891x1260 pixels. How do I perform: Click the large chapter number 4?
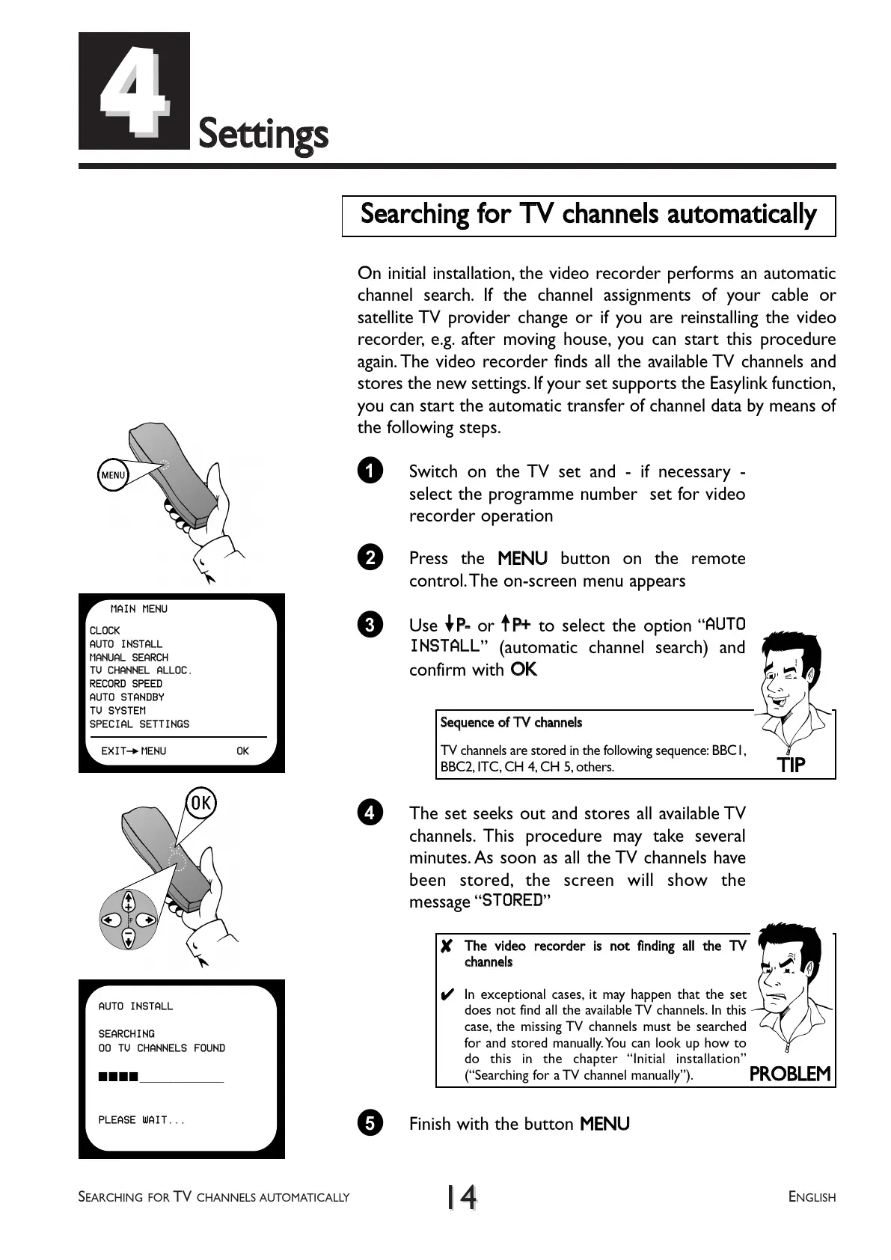(x=133, y=91)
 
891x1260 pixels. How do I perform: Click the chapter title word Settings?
(x=263, y=135)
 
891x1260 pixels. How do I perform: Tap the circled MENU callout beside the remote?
(x=113, y=475)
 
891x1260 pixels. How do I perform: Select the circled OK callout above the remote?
(x=200, y=804)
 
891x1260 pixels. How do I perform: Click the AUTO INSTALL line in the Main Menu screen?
(x=126, y=643)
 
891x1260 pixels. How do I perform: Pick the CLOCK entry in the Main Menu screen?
(x=105, y=630)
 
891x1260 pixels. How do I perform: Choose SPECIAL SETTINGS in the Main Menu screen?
(x=139, y=724)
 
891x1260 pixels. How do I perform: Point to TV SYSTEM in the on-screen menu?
(x=117, y=710)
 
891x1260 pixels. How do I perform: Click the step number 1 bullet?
(x=370, y=471)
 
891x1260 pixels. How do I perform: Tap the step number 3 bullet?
(x=370, y=625)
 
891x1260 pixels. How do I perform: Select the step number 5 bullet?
(x=370, y=1123)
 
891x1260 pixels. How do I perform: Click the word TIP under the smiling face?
(x=791, y=765)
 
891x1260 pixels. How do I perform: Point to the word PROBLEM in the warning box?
(x=789, y=1074)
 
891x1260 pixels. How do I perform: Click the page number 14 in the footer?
(x=461, y=1197)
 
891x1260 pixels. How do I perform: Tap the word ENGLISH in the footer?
(x=812, y=1197)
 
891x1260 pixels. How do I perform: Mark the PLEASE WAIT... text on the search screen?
(x=141, y=1120)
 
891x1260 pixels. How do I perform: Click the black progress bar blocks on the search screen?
(x=118, y=1077)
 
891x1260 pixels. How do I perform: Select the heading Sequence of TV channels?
(x=511, y=722)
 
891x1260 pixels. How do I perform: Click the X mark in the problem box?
(x=447, y=946)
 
